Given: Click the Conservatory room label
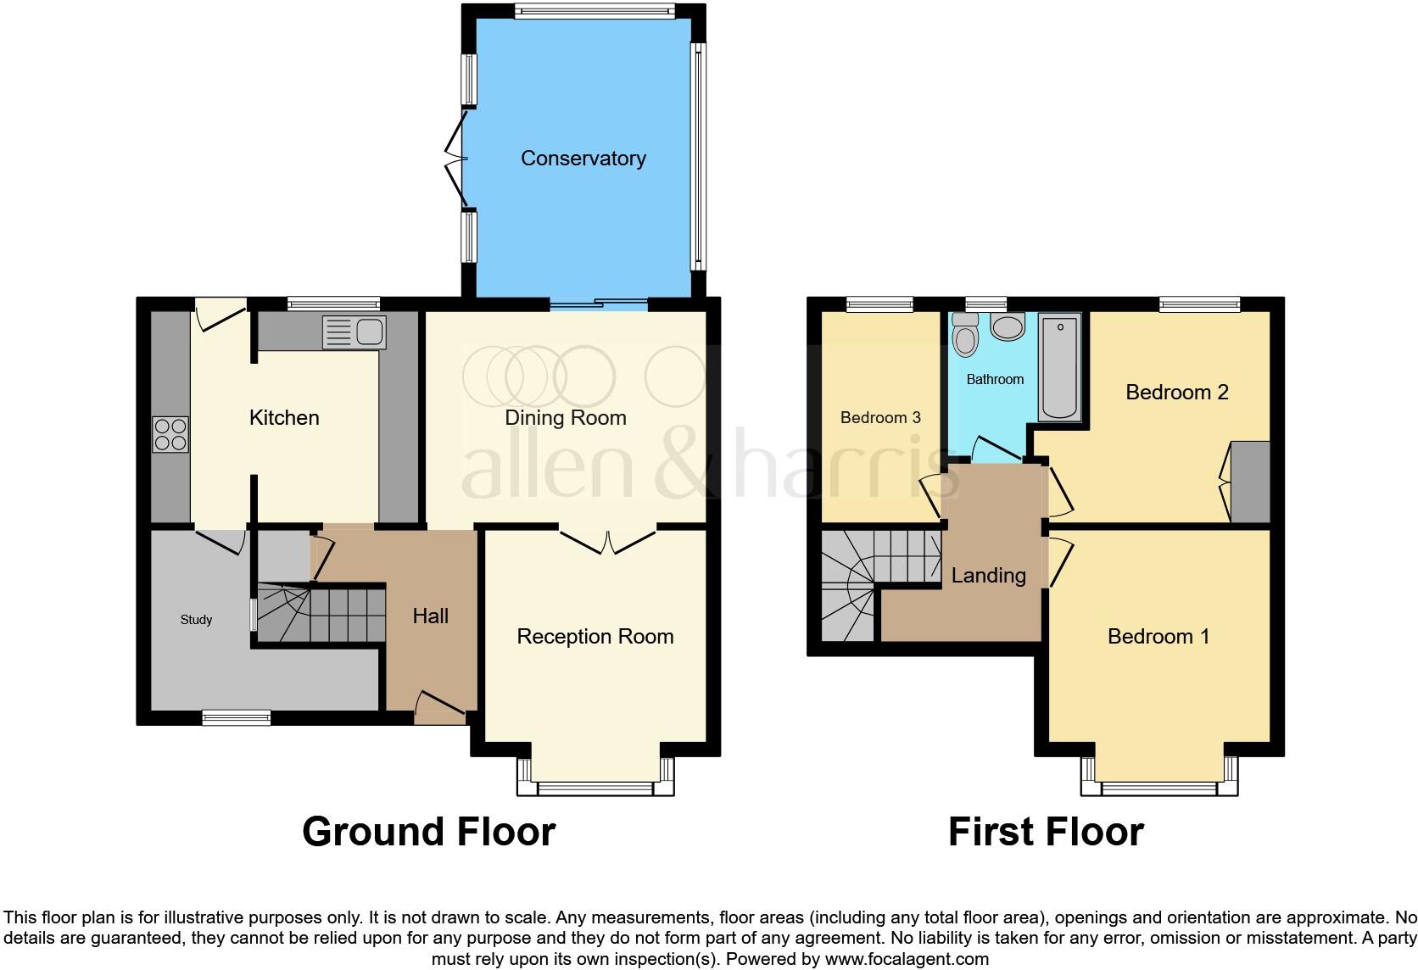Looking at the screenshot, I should point(583,159).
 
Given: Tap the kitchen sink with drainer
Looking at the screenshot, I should point(354,332).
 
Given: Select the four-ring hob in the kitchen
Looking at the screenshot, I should point(170,434).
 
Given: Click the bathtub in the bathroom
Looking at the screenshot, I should point(1060,366).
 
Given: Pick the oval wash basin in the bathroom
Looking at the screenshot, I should point(1008,326).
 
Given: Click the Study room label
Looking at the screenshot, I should point(196,620).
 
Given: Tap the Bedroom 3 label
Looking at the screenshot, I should point(880,417).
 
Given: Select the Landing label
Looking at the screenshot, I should point(988,576).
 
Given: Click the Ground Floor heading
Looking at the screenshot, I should point(428,832).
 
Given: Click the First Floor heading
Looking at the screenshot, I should point(1046,832).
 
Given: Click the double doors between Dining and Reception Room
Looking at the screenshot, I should point(608,542).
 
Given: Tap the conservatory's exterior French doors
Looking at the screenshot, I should point(458,159).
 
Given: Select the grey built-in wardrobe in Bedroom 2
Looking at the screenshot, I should point(1250,482).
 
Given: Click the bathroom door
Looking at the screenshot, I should point(996,448).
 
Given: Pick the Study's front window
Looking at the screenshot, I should point(237,718).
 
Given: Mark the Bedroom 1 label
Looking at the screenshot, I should point(1158,637).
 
